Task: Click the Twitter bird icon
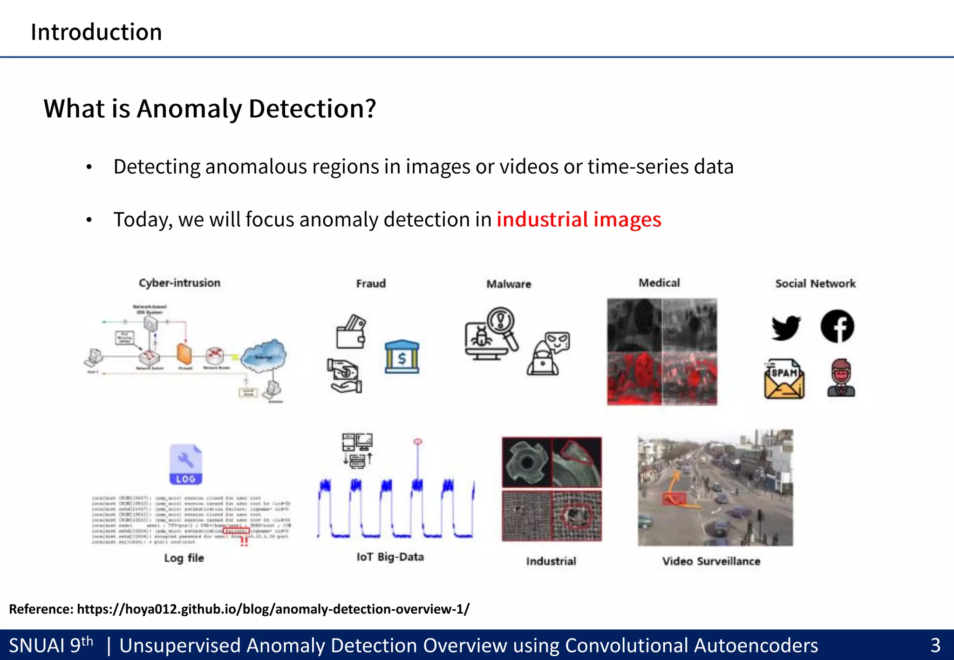point(786,328)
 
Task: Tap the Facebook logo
point(837,326)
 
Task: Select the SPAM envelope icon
point(784,379)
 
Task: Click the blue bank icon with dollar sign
point(402,357)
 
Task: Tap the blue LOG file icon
point(186,464)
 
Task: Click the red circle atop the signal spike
point(418,441)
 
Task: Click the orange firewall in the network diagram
point(184,355)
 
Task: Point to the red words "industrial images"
point(579,219)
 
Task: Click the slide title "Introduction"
point(96,32)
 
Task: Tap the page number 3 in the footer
point(935,646)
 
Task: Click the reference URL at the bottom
point(273,609)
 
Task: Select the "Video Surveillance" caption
point(711,561)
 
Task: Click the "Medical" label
point(659,283)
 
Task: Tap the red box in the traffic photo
point(674,499)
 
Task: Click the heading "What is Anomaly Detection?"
point(210,108)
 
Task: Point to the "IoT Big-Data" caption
point(390,557)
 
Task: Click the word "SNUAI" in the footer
point(37,646)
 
